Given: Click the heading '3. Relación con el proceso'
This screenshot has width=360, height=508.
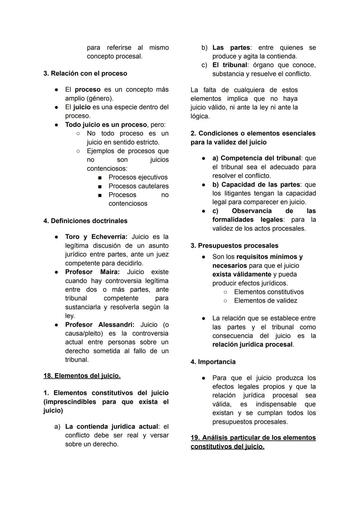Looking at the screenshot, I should (x=85, y=73).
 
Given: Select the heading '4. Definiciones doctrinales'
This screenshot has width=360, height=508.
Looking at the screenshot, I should (x=85, y=221).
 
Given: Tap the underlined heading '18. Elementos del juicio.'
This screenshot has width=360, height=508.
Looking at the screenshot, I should (x=82, y=376).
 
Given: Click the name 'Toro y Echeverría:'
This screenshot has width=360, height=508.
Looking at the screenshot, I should (x=96, y=237).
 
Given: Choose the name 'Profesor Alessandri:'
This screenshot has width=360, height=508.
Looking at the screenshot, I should (x=100, y=325).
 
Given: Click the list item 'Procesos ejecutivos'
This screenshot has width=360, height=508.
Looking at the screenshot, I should (x=138, y=177).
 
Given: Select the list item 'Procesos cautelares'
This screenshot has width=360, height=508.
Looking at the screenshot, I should (x=138, y=186).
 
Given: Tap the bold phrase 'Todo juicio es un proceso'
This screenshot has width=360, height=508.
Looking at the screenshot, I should (x=106, y=125).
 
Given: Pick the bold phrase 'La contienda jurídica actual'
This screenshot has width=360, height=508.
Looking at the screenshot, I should (x=111, y=427).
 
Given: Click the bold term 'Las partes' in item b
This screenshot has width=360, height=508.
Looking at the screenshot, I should (x=231, y=48).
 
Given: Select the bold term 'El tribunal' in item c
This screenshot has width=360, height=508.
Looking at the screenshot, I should (x=230, y=65).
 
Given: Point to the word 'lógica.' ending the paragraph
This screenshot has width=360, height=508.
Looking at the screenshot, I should (x=200, y=116).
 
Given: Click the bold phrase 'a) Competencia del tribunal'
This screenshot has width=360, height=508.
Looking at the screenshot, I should (x=256, y=158).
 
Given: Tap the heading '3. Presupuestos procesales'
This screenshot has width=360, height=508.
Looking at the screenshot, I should (x=234, y=246).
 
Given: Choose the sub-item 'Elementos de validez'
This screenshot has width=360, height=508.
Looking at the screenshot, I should (x=265, y=301).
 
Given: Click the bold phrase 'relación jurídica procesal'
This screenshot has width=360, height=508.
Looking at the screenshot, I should (x=252, y=344).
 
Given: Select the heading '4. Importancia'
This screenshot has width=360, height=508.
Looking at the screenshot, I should (x=213, y=362).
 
